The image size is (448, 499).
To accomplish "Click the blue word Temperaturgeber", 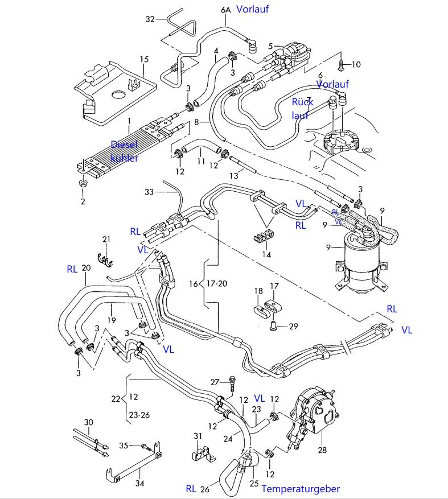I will click(x=301, y=488).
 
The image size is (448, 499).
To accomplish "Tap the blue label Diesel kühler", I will click(x=124, y=151).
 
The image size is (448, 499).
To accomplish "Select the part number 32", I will click(x=150, y=19).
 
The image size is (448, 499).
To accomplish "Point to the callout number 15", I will click(x=144, y=59).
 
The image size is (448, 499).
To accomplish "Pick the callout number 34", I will click(x=139, y=484).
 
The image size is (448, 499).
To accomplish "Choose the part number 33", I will click(x=149, y=192).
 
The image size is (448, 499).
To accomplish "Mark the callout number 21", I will click(x=106, y=238).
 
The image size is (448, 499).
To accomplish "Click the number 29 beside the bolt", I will click(x=293, y=326).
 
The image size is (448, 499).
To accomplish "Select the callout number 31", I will click(x=198, y=436).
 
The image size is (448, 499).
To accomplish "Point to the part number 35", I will click(x=123, y=445).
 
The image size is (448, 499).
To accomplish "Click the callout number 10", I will click(x=356, y=64).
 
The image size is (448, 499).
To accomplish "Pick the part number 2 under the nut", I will click(x=83, y=201).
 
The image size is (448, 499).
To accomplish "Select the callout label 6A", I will click(x=225, y=9).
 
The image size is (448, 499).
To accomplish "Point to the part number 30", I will click(x=88, y=422).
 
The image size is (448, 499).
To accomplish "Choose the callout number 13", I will click(x=234, y=176).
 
